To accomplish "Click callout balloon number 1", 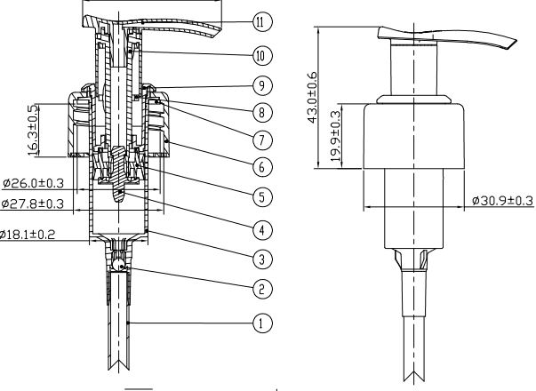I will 260,323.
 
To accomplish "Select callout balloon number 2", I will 260,289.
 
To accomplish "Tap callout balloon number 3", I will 260,259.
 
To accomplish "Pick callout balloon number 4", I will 260,228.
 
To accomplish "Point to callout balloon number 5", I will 260,197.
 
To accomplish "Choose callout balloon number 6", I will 260,167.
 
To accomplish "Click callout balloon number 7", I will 260,140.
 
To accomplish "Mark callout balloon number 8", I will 260,113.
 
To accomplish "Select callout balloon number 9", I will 260,85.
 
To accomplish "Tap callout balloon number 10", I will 260,55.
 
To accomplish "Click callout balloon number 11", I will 260,20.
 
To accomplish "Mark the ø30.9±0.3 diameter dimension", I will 502,202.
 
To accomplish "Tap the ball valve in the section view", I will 118,264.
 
